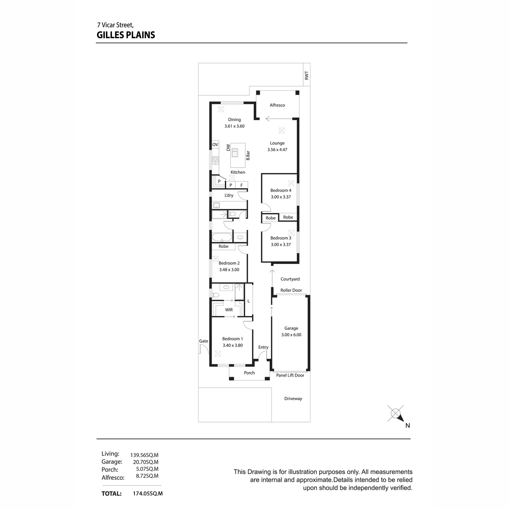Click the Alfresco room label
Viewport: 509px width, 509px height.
point(277,105)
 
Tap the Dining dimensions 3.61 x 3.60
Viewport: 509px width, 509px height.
point(234,126)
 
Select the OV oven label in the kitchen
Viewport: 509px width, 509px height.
point(215,145)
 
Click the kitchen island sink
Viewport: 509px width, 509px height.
point(235,152)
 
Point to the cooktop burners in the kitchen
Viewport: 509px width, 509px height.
point(215,159)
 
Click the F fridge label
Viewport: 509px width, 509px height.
point(241,185)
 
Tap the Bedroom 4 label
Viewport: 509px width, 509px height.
point(280,190)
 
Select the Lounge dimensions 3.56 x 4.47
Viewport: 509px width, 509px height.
point(277,149)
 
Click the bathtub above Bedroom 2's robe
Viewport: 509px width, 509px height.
point(222,237)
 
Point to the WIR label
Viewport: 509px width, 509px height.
point(229,310)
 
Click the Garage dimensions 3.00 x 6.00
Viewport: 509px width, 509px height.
point(291,335)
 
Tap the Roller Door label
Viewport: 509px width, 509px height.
point(291,290)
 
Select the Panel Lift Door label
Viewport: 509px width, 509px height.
point(290,375)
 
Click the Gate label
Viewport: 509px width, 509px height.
point(204,341)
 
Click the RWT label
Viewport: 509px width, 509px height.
point(306,76)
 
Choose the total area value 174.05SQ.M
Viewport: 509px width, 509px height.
point(148,494)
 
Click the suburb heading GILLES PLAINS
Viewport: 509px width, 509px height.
point(126,35)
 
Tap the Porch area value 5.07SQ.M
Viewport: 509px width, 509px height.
point(147,469)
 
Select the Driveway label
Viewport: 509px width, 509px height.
point(293,399)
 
